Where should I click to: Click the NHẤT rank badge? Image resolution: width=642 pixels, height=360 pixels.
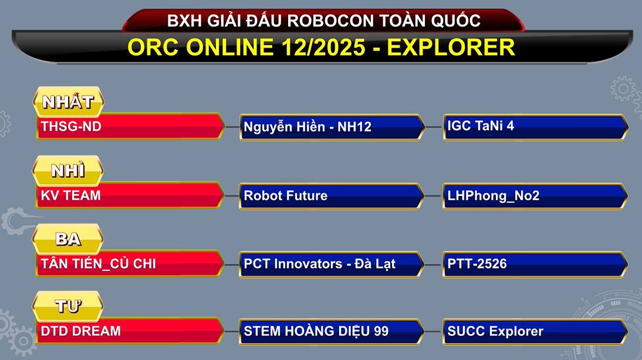pyautogui.click(x=69, y=102)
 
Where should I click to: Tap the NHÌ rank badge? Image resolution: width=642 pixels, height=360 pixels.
pyautogui.click(x=68, y=170)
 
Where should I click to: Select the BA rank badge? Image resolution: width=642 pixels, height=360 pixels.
pyautogui.click(x=68, y=239)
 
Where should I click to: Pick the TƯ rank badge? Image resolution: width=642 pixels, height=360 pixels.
pyautogui.click(x=68, y=307)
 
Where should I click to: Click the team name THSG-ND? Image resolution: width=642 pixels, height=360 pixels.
pyautogui.click(x=71, y=126)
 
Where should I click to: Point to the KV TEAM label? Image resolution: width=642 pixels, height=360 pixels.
pyautogui.click(x=71, y=196)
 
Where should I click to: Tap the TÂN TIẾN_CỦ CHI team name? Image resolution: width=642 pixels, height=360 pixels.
pyautogui.click(x=98, y=263)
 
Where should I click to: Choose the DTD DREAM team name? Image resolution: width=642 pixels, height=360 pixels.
pyautogui.click(x=80, y=331)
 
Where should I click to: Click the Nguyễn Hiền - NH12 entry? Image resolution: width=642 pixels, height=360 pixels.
pyautogui.click(x=308, y=126)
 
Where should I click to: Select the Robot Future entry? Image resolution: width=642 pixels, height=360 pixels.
pyautogui.click(x=285, y=196)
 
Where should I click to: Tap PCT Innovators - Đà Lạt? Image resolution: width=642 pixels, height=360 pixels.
pyautogui.click(x=319, y=264)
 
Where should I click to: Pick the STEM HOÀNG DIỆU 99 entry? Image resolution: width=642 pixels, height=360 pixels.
pyautogui.click(x=316, y=331)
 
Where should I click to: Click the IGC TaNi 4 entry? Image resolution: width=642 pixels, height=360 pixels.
pyautogui.click(x=480, y=125)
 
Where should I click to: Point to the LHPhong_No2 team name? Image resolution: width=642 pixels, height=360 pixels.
pyautogui.click(x=493, y=196)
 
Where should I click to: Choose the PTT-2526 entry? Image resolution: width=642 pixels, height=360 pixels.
pyautogui.click(x=477, y=263)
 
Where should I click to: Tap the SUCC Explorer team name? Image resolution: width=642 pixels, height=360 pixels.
pyautogui.click(x=495, y=331)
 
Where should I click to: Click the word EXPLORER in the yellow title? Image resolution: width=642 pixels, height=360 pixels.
pyautogui.click(x=451, y=47)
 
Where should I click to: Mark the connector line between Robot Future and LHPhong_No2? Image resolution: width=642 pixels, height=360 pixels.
pyautogui.click(x=433, y=196)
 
